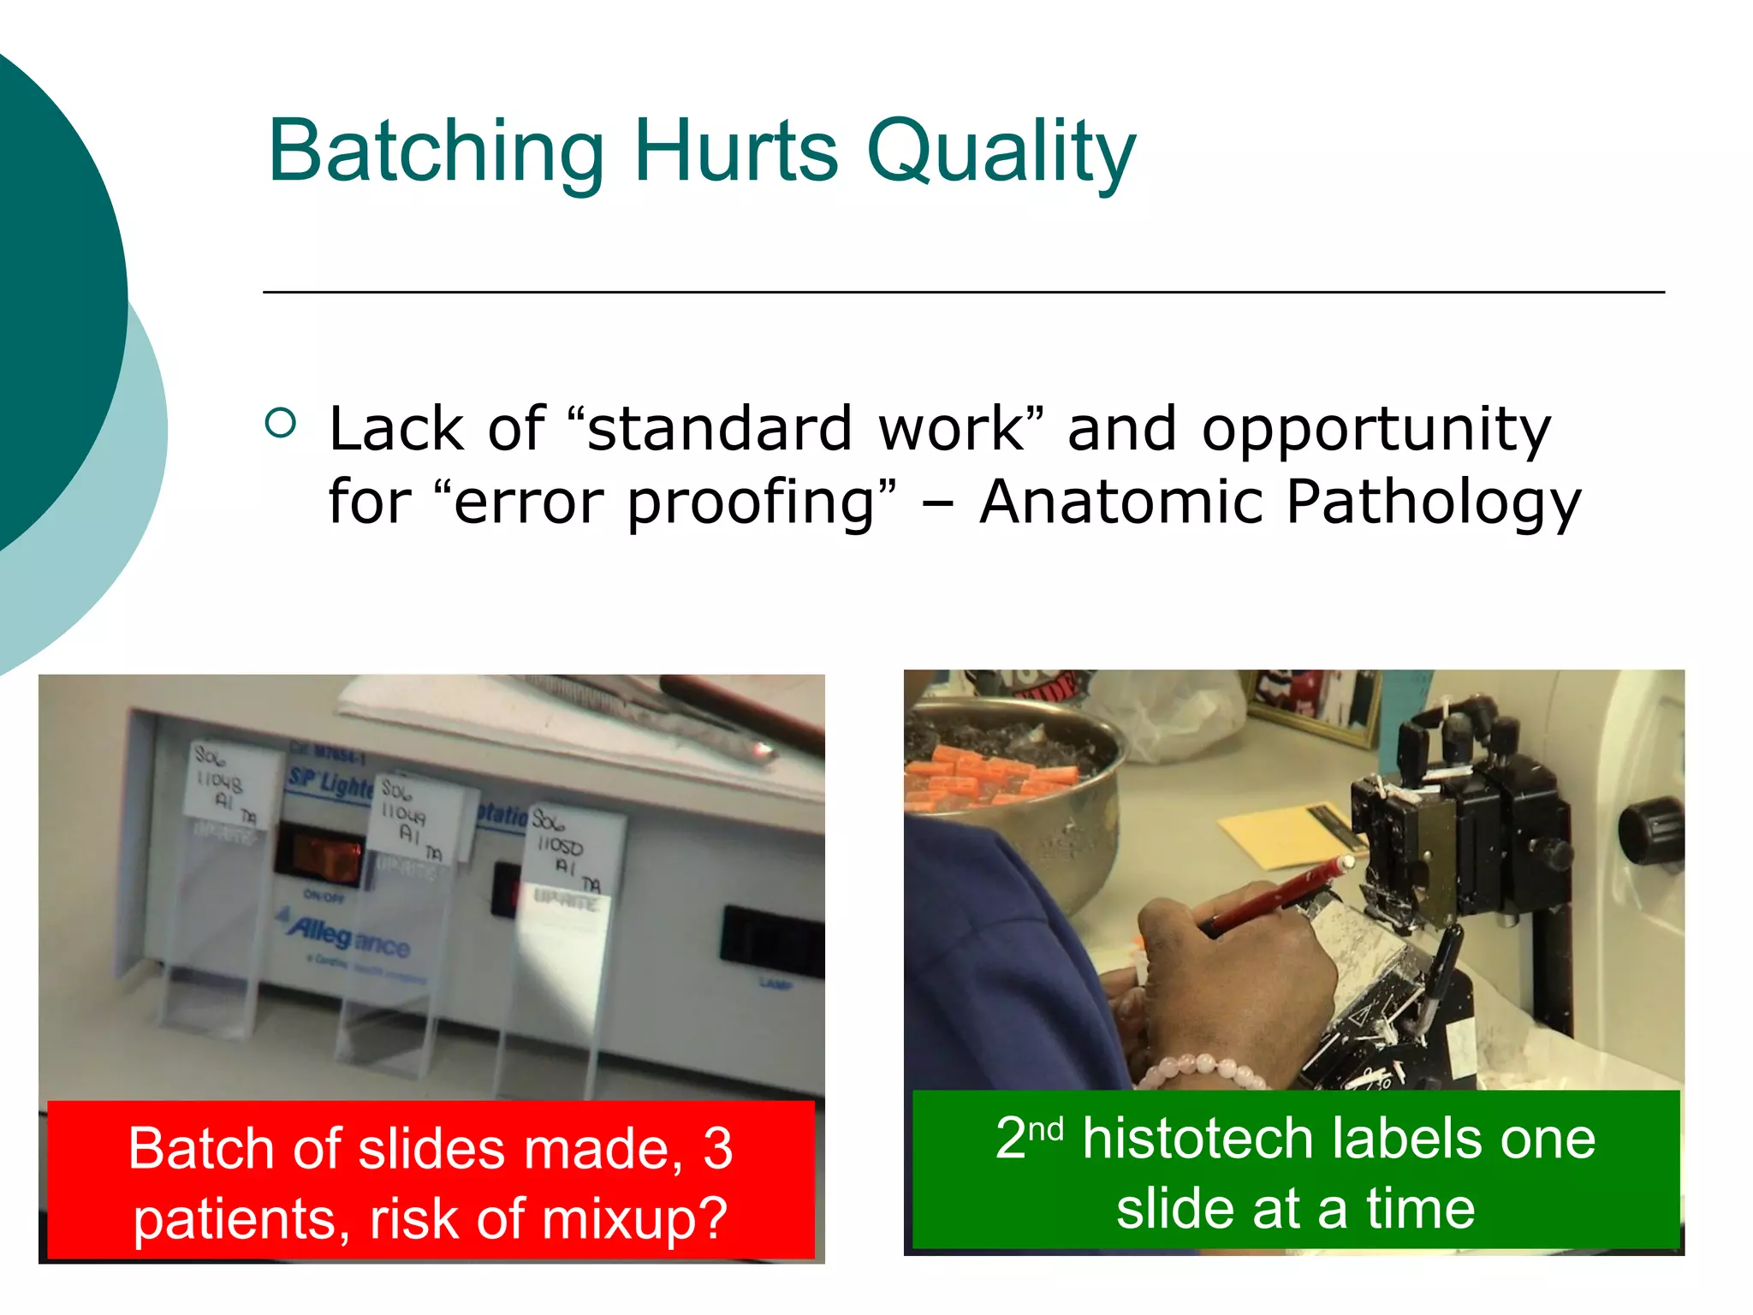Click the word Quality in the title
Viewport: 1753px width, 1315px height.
(1001, 152)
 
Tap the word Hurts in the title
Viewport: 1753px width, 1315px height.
(736, 152)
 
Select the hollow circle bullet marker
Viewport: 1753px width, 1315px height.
(281, 422)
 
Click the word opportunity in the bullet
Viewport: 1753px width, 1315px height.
(1376, 430)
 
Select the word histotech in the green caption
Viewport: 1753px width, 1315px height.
(1198, 1140)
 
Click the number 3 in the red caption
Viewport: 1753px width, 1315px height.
(717, 1149)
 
